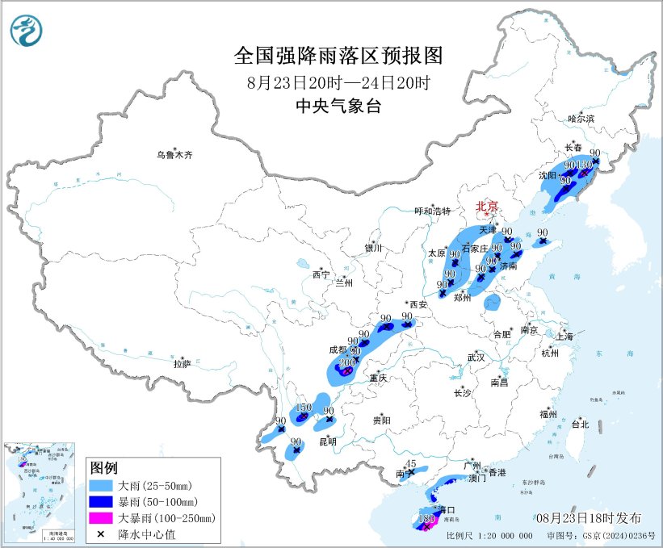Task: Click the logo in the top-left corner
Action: point(26,31)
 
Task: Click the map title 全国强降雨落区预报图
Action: point(338,56)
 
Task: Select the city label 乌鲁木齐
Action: point(175,154)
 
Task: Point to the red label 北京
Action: point(487,207)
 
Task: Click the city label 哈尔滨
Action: point(581,119)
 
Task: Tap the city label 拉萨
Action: point(182,364)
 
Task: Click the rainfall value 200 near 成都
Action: point(347,363)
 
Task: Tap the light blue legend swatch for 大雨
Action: point(103,487)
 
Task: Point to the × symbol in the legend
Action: point(103,533)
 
